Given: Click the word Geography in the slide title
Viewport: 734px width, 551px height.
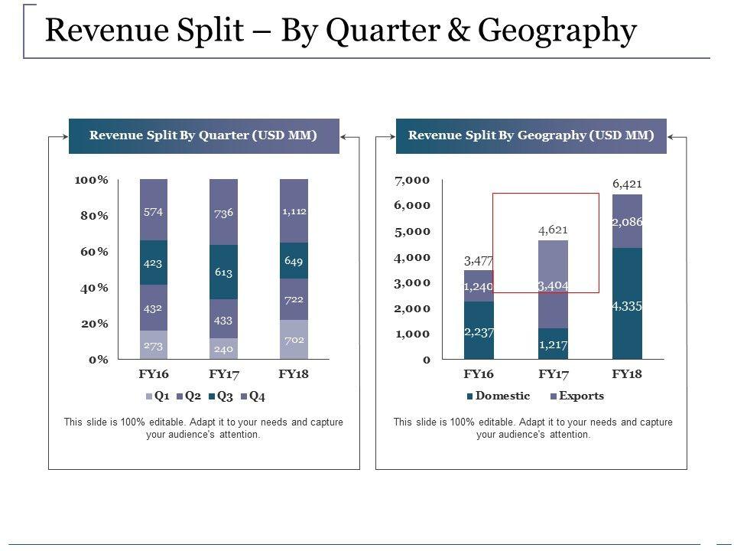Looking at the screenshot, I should click(x=557, y=31).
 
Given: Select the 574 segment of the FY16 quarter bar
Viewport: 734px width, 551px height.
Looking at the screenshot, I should click(x=154, y=212).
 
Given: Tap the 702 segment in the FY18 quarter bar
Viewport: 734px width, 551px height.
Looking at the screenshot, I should click(x=294, y=339).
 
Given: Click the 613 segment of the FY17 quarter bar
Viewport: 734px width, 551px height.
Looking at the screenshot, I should click(x=223, y=272).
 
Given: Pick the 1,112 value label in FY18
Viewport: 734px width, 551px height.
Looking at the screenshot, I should click(x=294, y=212).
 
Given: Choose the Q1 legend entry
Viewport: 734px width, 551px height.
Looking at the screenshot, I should click(x=157, y=396).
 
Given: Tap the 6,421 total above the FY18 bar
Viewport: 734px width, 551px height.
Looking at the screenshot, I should click(x=627, y=184).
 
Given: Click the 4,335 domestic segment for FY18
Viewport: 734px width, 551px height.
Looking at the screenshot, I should click(x=627, y=305).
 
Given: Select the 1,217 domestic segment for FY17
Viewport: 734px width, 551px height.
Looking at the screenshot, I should click(x=554, y=344).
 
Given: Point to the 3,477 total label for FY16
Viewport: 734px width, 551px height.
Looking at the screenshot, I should click(x=479, y=262).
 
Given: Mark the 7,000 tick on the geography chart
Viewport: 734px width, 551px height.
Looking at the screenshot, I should click(x=412, y=180).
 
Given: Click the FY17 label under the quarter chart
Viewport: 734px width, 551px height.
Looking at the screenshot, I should click(x=223, y=374).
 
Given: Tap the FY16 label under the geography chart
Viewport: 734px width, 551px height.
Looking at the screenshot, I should click(x=479, y=374).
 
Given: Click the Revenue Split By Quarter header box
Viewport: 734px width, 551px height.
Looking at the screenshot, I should click(x=203, y=136).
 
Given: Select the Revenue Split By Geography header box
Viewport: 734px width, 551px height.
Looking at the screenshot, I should click(x=531, y=136).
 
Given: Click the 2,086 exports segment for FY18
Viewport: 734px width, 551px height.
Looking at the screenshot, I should click(x=627, y=222).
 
